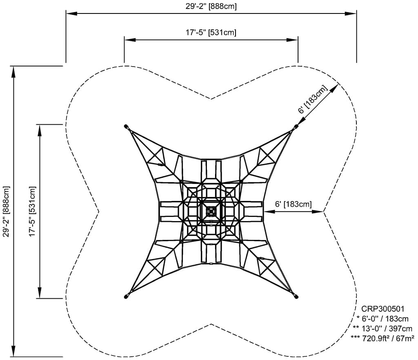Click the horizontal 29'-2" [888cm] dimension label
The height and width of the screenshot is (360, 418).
click(211, 6)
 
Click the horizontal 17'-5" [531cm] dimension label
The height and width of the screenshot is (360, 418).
click(211, 33)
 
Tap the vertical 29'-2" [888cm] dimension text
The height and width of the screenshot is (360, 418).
click(6, 211)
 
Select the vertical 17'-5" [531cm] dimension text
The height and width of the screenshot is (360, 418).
click(33, 211)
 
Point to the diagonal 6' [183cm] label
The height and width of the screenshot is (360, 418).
click(313, 99)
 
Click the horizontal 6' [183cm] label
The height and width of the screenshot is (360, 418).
click(293, 204)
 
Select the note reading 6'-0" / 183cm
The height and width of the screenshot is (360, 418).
click(382, 318)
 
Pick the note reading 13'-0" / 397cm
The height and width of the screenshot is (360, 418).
click(382, 328)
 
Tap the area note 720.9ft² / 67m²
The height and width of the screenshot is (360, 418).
click(382, 338)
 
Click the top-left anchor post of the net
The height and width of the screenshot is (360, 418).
click(126, 126)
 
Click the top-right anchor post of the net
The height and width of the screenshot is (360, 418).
click(296, 126)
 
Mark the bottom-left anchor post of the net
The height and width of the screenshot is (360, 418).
click(126, 297)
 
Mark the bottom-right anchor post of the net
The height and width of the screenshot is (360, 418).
click(296, 297)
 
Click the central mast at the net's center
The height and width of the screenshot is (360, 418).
click(211, 211)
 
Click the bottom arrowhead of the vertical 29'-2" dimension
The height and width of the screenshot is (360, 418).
click(13, 351)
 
